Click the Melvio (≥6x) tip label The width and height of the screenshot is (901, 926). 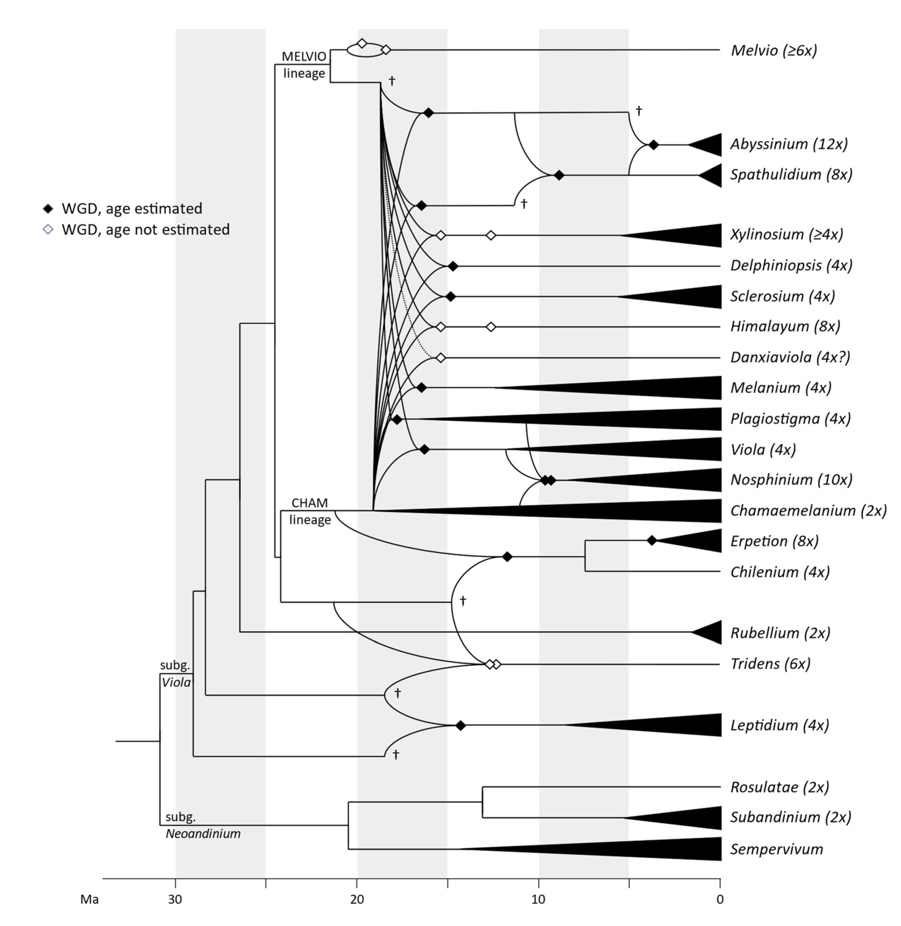[774, 50]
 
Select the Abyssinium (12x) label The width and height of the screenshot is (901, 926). [789, 144]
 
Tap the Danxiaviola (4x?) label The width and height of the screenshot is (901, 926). [790, 357]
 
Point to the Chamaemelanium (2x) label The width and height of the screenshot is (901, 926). [808, 510]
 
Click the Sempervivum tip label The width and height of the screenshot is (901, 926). [777, 849]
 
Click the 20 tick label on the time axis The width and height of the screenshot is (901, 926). [357, 899]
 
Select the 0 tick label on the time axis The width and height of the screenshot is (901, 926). [720, 899]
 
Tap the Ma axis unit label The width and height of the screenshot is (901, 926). [89, 899]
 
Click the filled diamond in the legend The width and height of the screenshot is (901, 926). [48, 209]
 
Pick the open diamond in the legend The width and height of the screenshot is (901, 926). [48, 230]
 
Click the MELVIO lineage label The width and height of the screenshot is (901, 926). [304, 65]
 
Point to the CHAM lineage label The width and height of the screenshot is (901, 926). [310, 511]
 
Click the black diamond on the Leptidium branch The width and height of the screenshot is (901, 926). [460, 725]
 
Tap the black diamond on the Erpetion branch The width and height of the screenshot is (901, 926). [652, 540]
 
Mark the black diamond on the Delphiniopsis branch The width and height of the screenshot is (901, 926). [453, 266]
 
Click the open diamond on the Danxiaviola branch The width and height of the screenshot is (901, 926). [441, 357]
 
